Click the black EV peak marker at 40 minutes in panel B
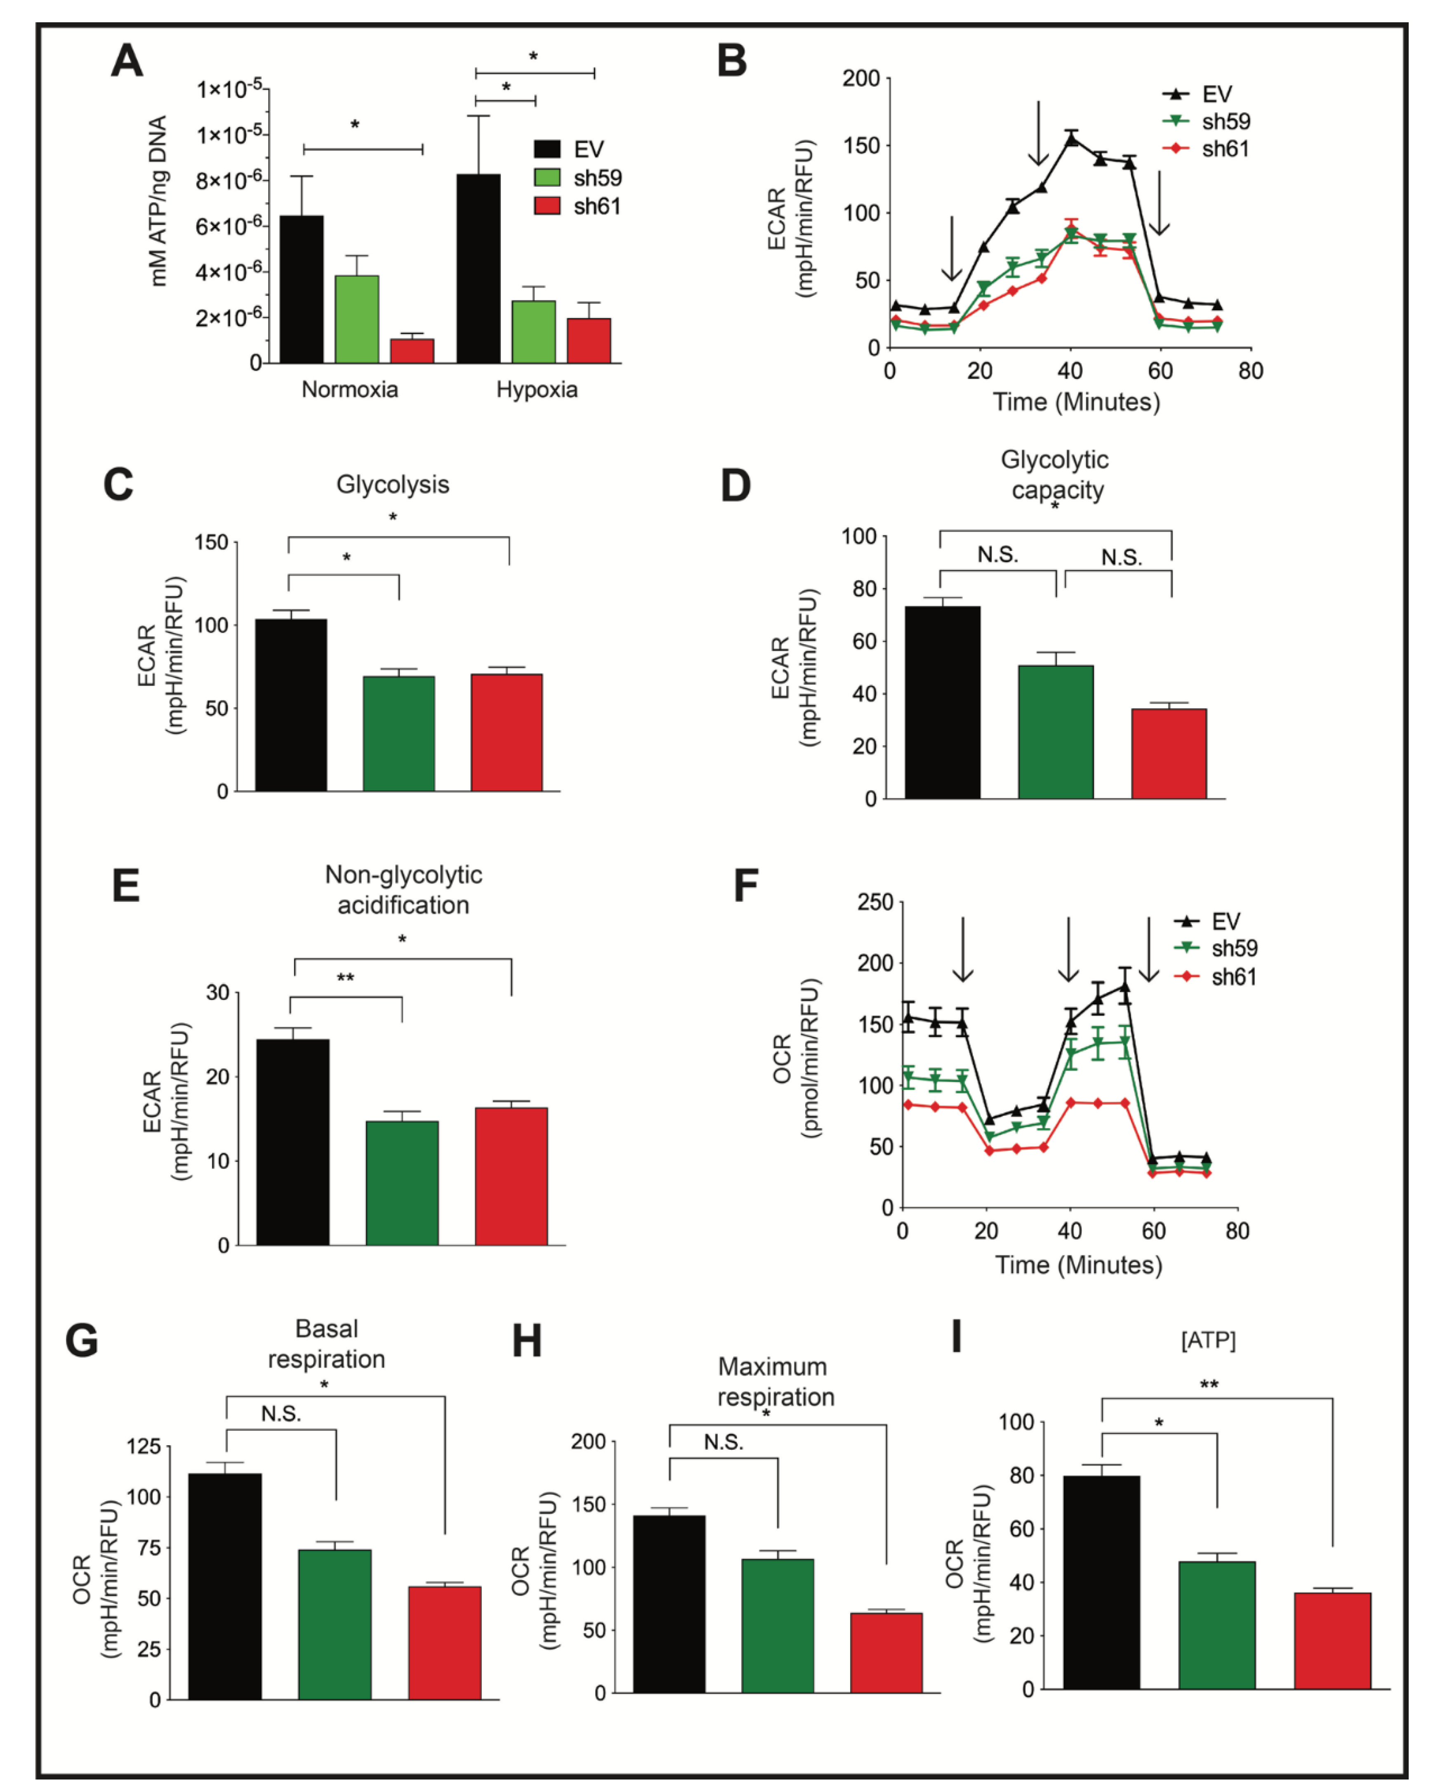pos(1070,139)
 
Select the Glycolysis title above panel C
pos(392,484)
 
